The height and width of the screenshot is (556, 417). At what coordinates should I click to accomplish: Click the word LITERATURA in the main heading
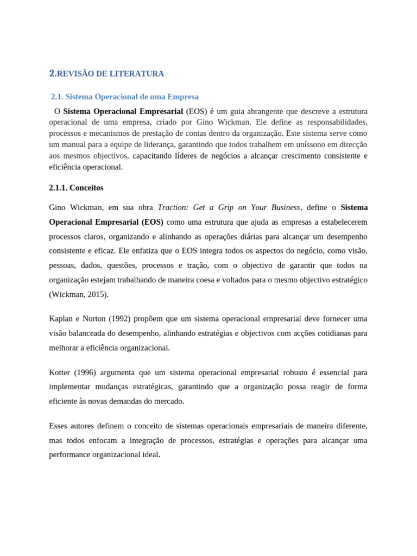pos(138,73)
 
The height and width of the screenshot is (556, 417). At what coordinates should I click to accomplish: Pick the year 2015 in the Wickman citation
pos(97,295)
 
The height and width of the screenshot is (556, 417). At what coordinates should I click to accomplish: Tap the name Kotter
pos(60,372)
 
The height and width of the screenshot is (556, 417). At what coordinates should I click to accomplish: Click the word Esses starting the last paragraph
pos(60,426)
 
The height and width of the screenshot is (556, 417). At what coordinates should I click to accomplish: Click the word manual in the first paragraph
pos(73,144)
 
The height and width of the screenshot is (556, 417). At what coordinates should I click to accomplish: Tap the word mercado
pos(170,401)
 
